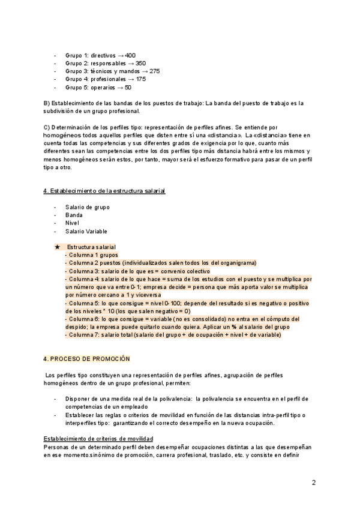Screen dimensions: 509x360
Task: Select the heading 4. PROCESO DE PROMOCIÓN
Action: pyautogui.click(x=86, y=358)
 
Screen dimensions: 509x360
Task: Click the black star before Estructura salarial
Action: pyautogui.click(x=57, y=247)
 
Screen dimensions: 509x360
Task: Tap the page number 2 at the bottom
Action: pyautogui.click(x=314, y=483)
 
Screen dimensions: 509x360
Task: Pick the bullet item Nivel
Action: pyautogui.click(x=72, y=223)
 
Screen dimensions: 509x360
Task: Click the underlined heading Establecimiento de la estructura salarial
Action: pyautogui.click(x=104, y=191)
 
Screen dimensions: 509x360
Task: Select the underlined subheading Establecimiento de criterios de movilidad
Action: pyautogui.click(x=98, y=440)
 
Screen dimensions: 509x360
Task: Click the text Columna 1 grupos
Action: pyautogui.click(x=94, y=255)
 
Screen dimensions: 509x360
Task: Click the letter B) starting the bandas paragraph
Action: pyautogui.click(x=47, y=102)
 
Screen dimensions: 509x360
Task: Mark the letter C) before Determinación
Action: pyautogui.click(x=47, y=128)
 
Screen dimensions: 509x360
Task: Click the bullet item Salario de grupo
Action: pyautogui.click(x=87, y=207)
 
